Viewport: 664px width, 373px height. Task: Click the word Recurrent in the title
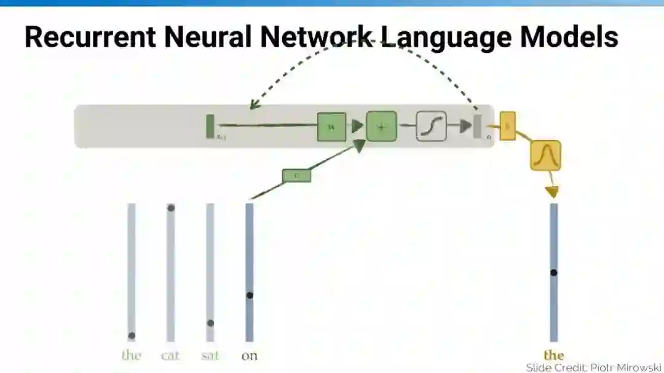coord(89,37)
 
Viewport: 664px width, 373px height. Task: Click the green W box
coord(331,127)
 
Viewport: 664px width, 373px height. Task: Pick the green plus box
coord(381,127)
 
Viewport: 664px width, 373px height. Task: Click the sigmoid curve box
coord(431,126)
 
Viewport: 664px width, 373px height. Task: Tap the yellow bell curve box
coord(545,155)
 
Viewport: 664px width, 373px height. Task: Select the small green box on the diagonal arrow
coord(296,176)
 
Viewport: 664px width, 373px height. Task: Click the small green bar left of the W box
coord(210,126)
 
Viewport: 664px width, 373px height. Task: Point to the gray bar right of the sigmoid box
coord(477,126)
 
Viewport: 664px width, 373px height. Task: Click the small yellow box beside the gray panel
coord(507,126)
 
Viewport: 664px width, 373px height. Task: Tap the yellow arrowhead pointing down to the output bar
coord(552,192)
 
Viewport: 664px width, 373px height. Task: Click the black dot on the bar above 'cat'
coord(171,208)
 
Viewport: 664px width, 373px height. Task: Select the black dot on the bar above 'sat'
coord(210,323)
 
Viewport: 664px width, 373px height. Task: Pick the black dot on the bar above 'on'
coord(250,295)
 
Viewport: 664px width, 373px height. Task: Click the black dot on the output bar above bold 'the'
coord(553,272)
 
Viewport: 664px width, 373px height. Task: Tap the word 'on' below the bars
coord(249,355)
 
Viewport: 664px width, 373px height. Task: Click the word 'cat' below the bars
coord(170,355)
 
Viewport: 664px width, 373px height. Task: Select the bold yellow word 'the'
coord(553,355)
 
